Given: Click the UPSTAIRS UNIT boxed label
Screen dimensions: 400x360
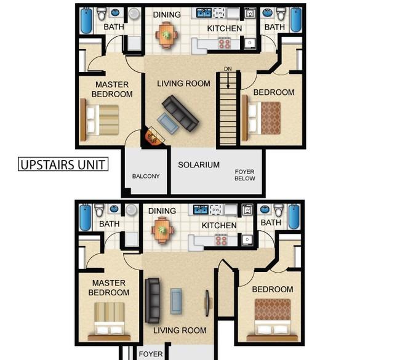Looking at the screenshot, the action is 63,164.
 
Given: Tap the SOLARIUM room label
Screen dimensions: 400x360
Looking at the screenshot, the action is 199,165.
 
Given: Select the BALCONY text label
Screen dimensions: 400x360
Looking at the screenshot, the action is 146,176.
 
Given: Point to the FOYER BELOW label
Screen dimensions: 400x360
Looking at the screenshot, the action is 245,175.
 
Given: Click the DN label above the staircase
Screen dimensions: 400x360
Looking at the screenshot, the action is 228,69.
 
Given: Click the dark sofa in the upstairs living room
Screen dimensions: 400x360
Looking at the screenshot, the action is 180,113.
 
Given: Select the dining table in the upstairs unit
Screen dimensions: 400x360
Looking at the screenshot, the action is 167,34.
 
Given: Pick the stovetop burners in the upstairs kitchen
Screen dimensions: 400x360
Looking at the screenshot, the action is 224,43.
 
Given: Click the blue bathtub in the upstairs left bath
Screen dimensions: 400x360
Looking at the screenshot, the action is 86,20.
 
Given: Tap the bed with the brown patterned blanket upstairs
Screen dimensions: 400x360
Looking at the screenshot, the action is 262,118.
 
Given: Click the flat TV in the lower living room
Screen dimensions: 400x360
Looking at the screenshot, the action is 207,303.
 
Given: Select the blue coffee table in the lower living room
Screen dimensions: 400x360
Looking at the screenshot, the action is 176,302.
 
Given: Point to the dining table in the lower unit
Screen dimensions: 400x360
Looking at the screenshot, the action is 162,230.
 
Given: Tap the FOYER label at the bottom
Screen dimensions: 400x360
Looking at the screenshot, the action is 151,354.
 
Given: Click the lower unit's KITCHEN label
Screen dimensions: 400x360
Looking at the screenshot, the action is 219,226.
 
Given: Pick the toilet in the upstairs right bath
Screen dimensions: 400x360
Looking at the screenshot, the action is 281,14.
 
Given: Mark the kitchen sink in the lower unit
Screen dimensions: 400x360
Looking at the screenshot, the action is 201,210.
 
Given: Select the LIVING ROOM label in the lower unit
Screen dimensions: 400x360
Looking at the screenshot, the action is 180,330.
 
